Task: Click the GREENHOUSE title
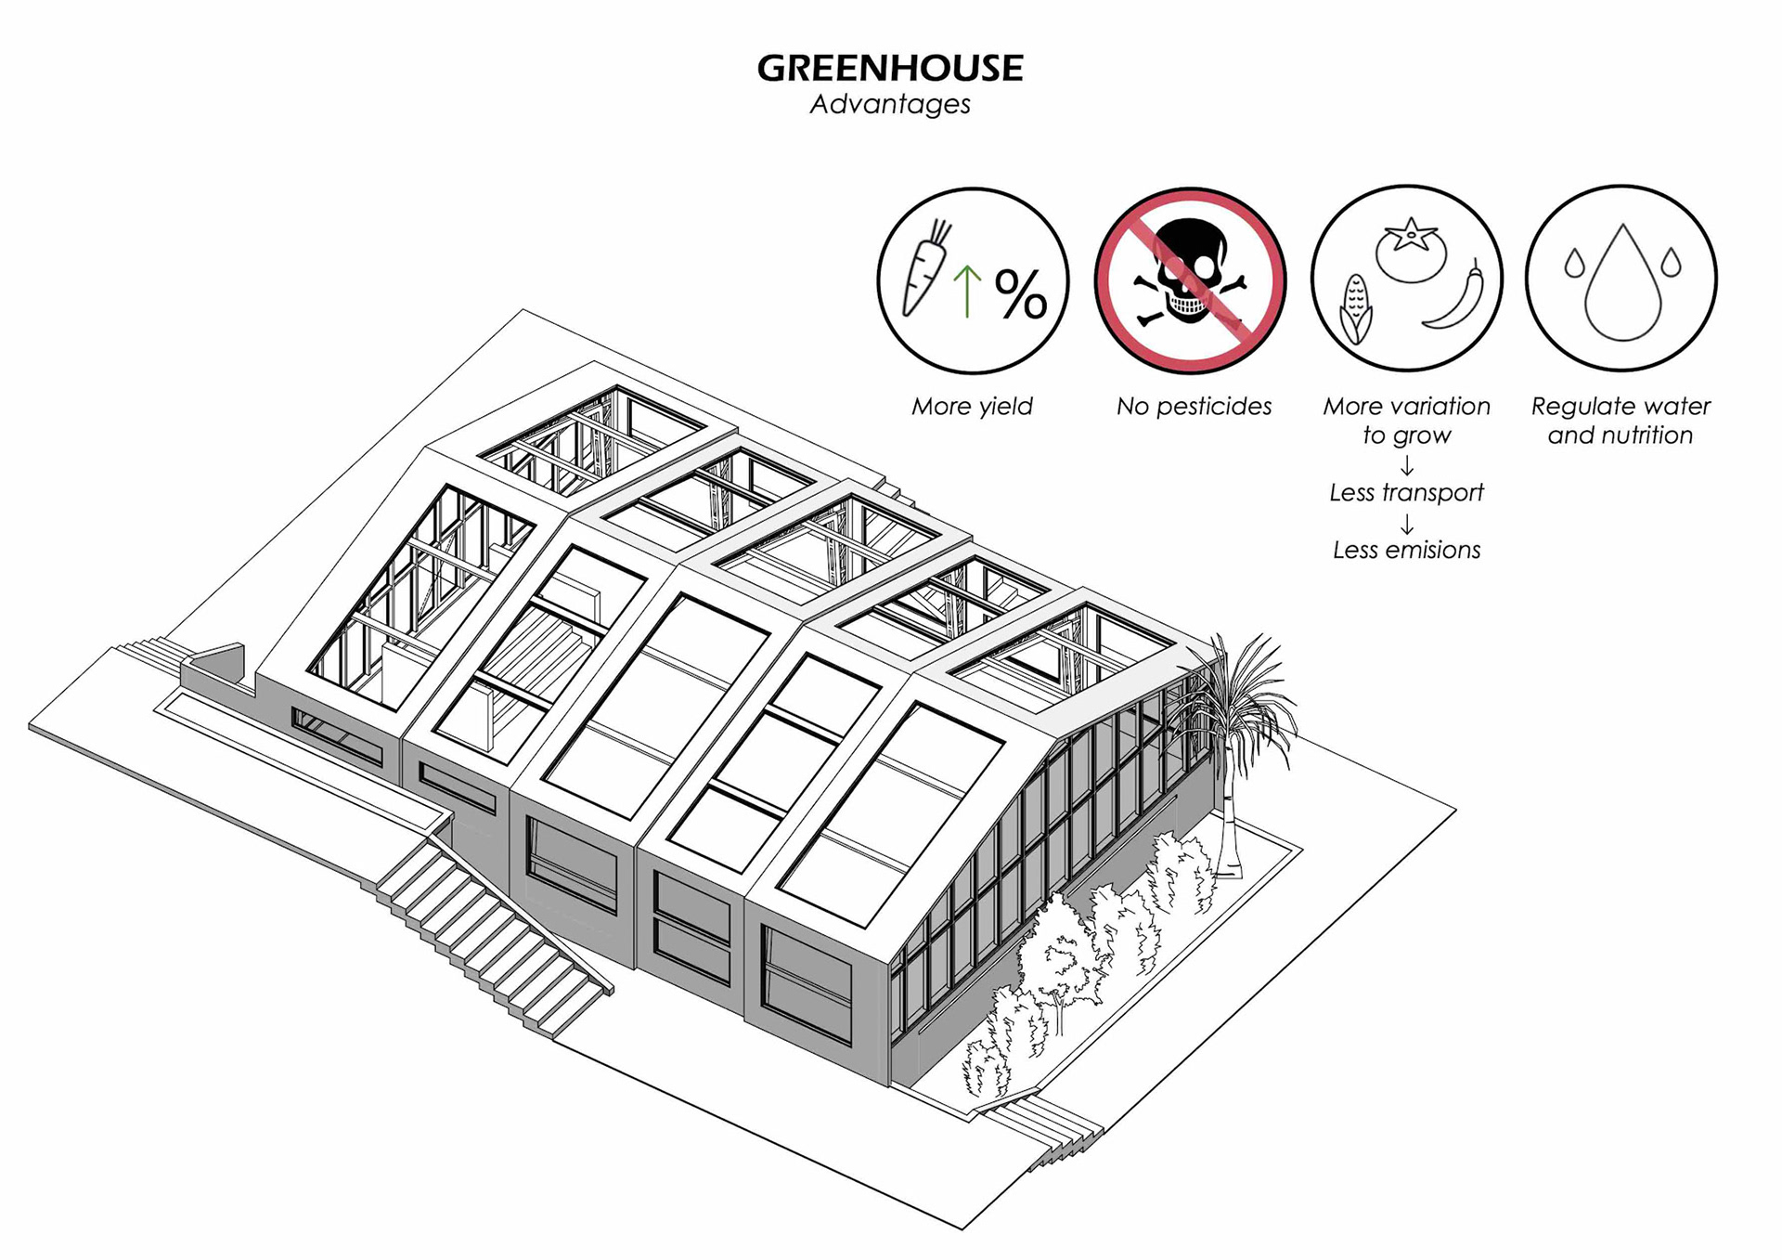889,68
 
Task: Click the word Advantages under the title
889,104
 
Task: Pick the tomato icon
1411,249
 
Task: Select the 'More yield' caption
972,407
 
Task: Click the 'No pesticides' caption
1194,407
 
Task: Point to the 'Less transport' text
1406,493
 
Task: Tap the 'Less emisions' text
1406,551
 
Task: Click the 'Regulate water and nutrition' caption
1621,421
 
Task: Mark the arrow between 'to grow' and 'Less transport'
1407,465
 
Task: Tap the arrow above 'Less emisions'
1407,525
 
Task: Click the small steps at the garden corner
1044,1127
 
